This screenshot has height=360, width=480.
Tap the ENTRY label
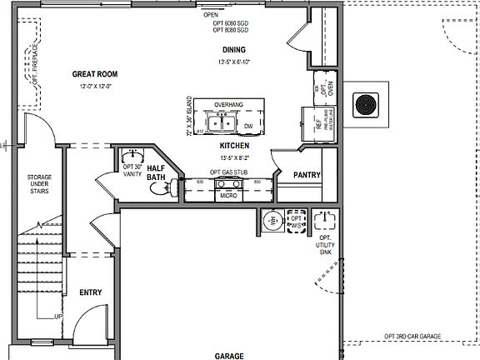tap(91, 292)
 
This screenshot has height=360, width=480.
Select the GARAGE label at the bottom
tap(229, 355)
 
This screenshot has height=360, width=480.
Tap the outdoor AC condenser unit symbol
tap(365, 104)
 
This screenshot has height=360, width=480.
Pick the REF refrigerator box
tap(317, 122)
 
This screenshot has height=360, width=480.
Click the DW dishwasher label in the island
tap(248, 127)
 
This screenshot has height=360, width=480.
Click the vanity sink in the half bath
tap(131, 157)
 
